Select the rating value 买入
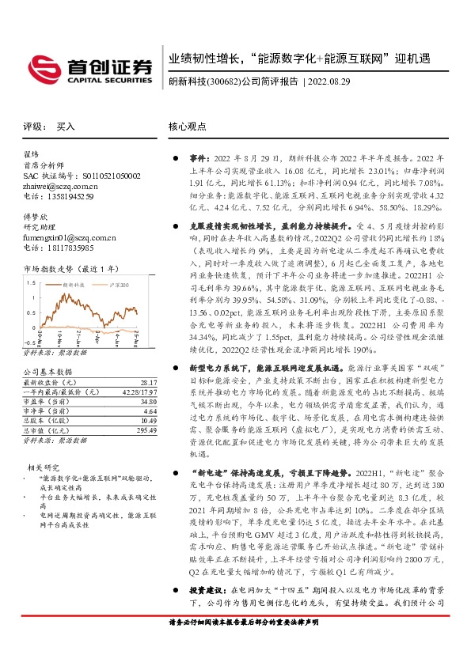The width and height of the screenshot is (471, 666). (x=66, y=127)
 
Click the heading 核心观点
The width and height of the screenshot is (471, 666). (x=188, y=127)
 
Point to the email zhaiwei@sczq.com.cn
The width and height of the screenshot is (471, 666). (x=59, y=185)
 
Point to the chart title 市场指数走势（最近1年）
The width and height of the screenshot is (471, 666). (x=70, y=269)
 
